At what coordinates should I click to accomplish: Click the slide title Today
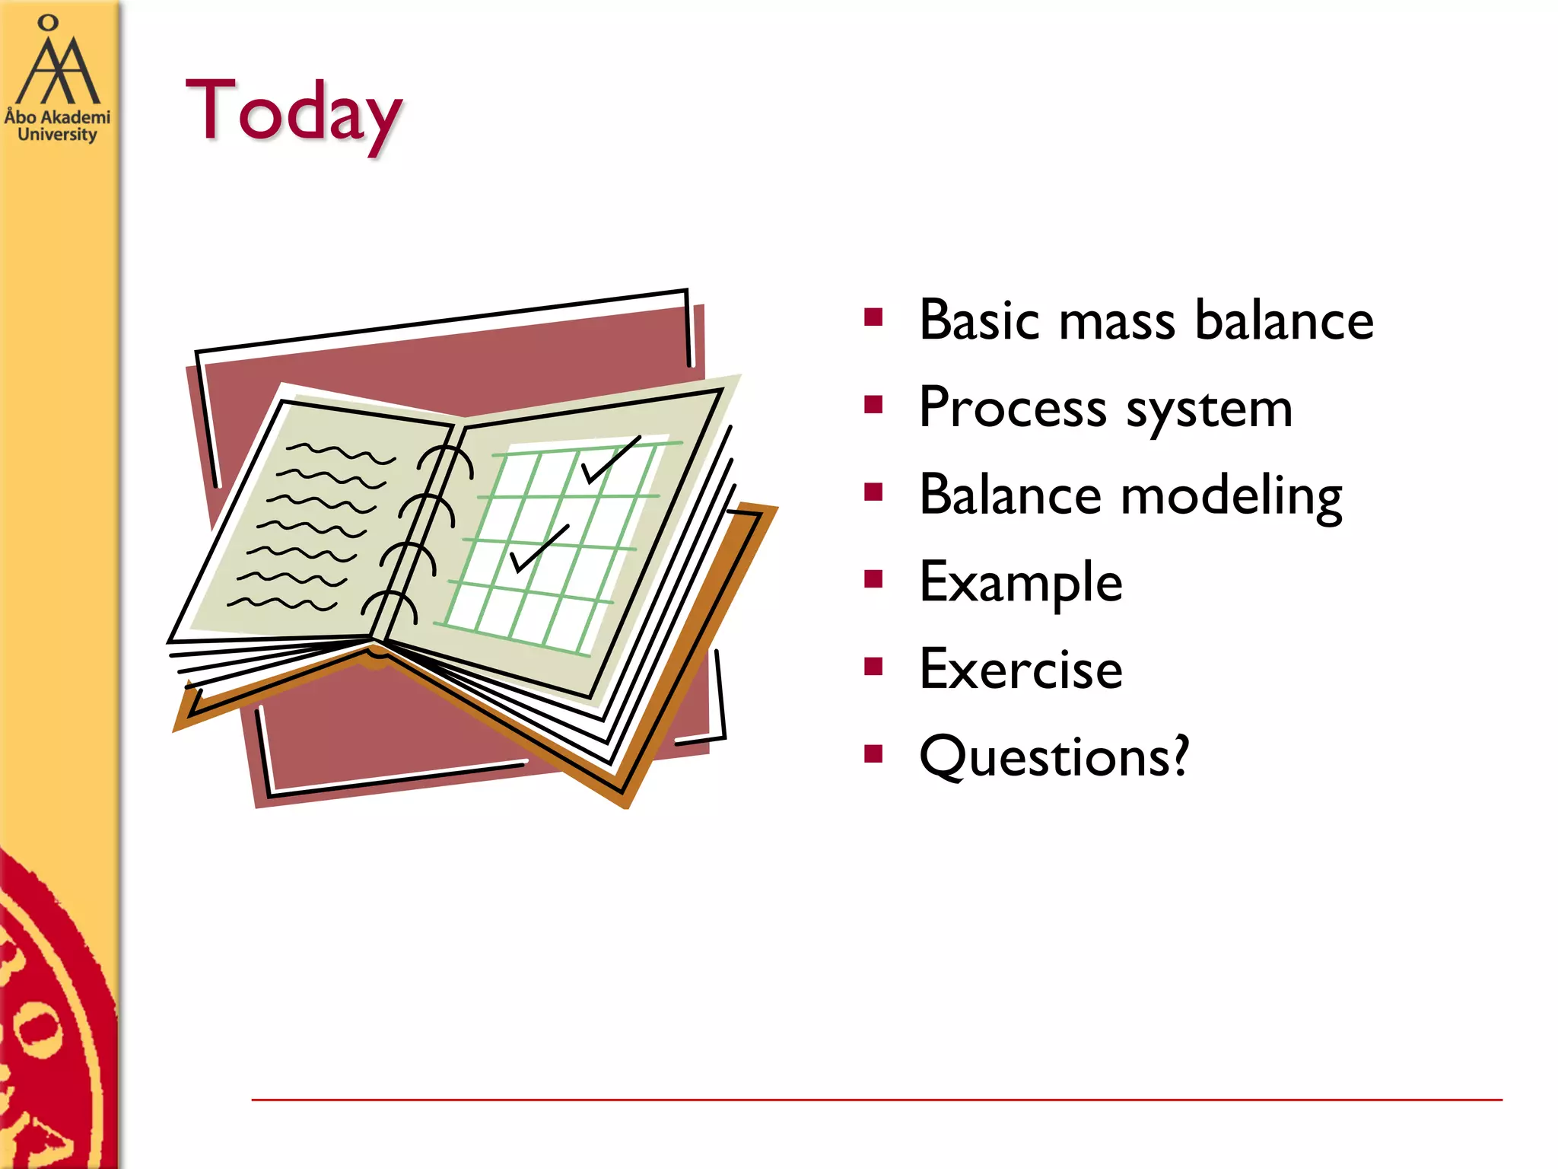(x=293, y=111)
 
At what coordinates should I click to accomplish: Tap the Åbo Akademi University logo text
(x=57, y=126)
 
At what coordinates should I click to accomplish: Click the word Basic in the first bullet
(x=978, y=320)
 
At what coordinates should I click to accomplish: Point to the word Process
(x=1012, y=408)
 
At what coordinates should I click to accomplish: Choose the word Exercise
(x=1020, y=670)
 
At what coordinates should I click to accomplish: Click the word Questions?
(x=1053, y=757)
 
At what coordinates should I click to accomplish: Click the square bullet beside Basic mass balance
(x=873, y=317)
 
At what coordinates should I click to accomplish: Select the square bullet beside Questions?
(x=873, y=754)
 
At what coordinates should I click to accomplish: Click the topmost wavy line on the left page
(x=340, y=453)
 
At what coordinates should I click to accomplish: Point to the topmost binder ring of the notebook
(x=447, y=459)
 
